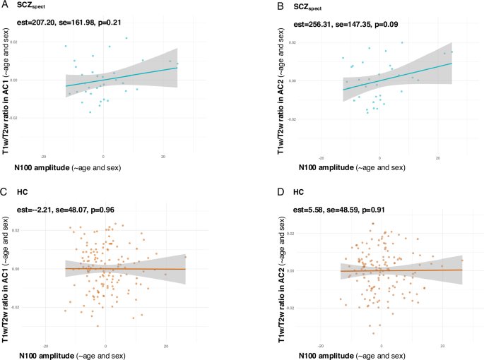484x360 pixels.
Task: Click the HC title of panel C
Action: tap(23, 193)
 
